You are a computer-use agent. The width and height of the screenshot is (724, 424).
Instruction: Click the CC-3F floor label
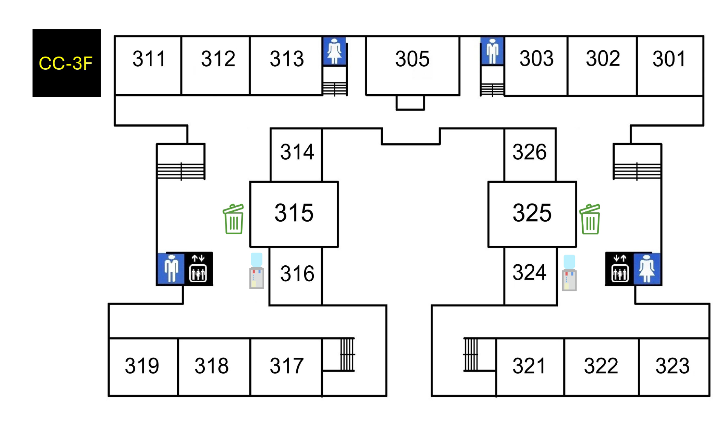pyautogui.click(x=66, y=63)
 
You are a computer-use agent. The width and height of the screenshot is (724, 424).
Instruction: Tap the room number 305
pyautogui.click(x=412, y=59)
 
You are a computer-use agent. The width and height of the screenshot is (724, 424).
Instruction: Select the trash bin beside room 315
pyautogui.click(x=233, y=219)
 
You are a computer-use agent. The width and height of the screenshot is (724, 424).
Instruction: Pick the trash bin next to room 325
pyautogui.click(x=590, y=219)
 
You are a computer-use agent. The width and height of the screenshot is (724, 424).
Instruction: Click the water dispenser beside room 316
pyautogui.click(x=256, y=271)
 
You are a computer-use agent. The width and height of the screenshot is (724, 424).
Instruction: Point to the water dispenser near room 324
pyautogui.click(x=569, y=273)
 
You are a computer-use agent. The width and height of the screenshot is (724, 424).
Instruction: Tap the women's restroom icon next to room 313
pyautogui.click(x=334, y=51)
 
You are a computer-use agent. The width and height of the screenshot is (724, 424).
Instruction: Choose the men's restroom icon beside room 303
pyautogui.click(x=492, y=51)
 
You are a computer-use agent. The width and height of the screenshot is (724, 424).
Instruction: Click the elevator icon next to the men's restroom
pyautogui.click(x=198, y=269)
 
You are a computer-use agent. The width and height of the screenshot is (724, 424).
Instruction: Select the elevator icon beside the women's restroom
pyautogui.click(x=620, y=269)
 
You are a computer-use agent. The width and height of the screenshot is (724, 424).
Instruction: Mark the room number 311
pyautogui.click(x=149, y=59)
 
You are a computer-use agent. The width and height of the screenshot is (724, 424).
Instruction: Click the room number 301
pyautogui.click(x=669, y=59)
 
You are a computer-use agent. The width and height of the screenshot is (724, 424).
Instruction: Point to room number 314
pyautogui.click(x=297, y=152)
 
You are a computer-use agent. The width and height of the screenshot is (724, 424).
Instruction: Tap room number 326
pyautogui.click(x=529, y=152)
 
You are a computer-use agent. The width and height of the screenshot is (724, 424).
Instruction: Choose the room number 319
pyautogui.click(x=142, y=366)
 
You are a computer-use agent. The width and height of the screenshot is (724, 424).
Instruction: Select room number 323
pyautogui.click(x=672, y=366)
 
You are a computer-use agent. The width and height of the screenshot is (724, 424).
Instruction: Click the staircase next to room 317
pyautogui.click(x=347, y=355)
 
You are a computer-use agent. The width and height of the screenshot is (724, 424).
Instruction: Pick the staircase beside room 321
pyautogui.click(x=471, y=355)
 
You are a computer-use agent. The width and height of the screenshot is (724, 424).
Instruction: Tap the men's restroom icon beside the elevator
pyautogui.click(x=171, y=269)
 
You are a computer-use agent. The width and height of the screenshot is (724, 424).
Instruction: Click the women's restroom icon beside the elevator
pyautogui.click(x=647, y=269)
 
